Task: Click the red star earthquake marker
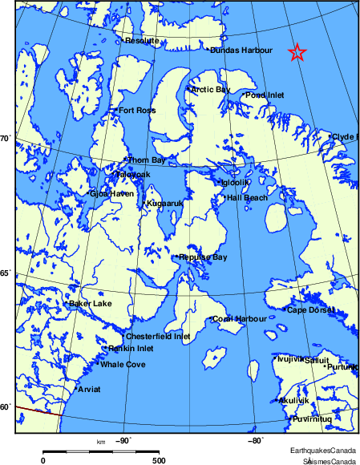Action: tap(297, 53)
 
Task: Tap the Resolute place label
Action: tap(141, 40)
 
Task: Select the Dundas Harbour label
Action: tap(241, 50)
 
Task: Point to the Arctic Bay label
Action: tap(210, 89)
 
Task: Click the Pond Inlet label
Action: tap(265, 95)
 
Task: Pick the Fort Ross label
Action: tap(136, 111)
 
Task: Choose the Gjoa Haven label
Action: tap(111, 193)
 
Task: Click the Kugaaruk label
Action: tap(164, 204)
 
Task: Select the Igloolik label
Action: tap(235, 183)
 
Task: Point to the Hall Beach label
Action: tap(247, 197)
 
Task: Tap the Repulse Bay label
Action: tap(204, 257)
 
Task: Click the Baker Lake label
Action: tap(91, 304)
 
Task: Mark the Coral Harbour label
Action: tap(240, 319)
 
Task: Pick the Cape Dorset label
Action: tap(309, 310)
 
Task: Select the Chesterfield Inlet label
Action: tap(159, 337)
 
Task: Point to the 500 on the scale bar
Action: tap(159, 460)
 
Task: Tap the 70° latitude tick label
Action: tap(4, 139)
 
